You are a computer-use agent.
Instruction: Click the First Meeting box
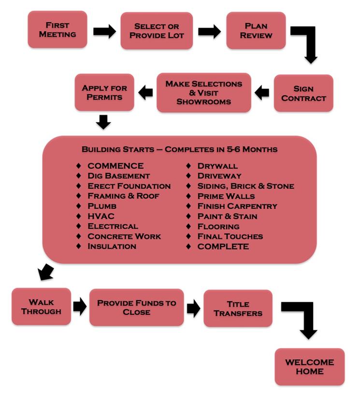coord(58,29)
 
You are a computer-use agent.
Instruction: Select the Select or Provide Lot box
coord(156,30)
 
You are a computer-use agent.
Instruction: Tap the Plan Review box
coord(256,30)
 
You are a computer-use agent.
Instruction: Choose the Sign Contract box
coord(303,93)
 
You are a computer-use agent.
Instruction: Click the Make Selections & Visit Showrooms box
coord(203,92)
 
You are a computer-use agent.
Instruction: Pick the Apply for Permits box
coord(104,92)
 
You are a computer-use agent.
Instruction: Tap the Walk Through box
coord(41,307)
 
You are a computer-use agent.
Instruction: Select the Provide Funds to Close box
coord(137,307)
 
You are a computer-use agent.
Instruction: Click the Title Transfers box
coord(238,308)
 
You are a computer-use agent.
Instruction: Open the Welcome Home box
coord(309,367)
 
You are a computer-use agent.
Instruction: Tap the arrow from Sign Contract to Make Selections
coord(262,93)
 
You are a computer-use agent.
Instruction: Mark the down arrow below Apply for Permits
coord(103,122)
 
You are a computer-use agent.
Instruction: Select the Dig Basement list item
coord(118,176)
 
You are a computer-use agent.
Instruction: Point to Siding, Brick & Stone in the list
coord(245,186)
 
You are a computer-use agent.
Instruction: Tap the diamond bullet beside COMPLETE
coord(189,247)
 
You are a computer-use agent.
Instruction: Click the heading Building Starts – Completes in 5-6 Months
coord(179,149)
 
